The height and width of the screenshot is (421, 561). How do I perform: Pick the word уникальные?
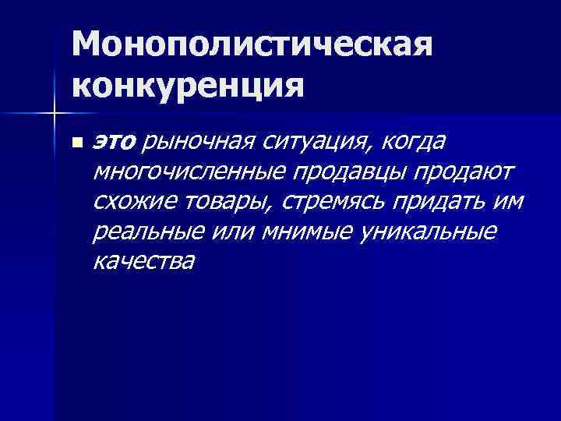[425, 232]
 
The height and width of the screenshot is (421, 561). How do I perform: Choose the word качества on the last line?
[143, 263]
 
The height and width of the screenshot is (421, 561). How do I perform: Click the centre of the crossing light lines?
[55, 115]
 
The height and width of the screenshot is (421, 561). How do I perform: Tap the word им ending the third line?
[509, 203]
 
